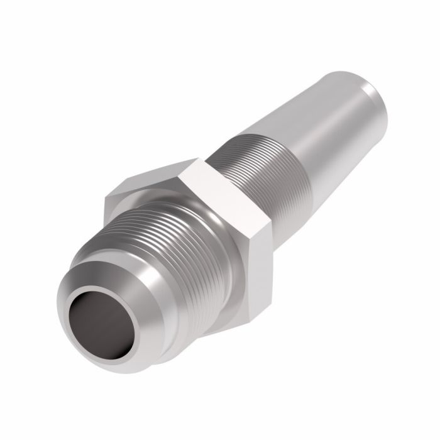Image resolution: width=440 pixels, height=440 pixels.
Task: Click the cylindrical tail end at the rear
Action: point(365,94)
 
